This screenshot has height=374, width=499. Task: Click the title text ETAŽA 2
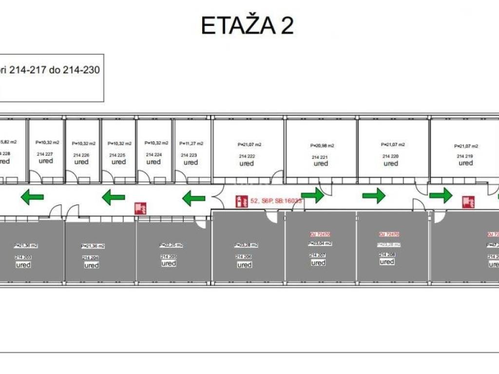(248, 26)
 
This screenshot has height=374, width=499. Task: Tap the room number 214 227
(45, 154)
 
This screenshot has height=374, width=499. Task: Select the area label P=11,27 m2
(192, 144)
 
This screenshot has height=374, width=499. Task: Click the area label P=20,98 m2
(322, 145)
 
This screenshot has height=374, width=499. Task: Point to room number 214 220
(390, 156)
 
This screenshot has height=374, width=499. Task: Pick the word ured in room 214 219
(465, 163)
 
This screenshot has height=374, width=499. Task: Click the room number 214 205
(169, 256)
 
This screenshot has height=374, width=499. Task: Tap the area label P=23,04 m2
(319, 243)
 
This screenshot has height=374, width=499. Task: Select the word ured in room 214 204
(92, 265)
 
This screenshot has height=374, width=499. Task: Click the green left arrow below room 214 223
(193, 198)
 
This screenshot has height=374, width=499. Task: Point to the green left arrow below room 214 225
(114, 197)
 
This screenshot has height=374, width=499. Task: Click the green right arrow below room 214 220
(374, 196)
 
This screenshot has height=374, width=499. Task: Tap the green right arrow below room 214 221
(312, 195)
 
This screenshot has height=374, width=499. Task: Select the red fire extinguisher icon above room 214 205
(140, 208)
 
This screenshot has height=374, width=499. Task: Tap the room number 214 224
(154, 154)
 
